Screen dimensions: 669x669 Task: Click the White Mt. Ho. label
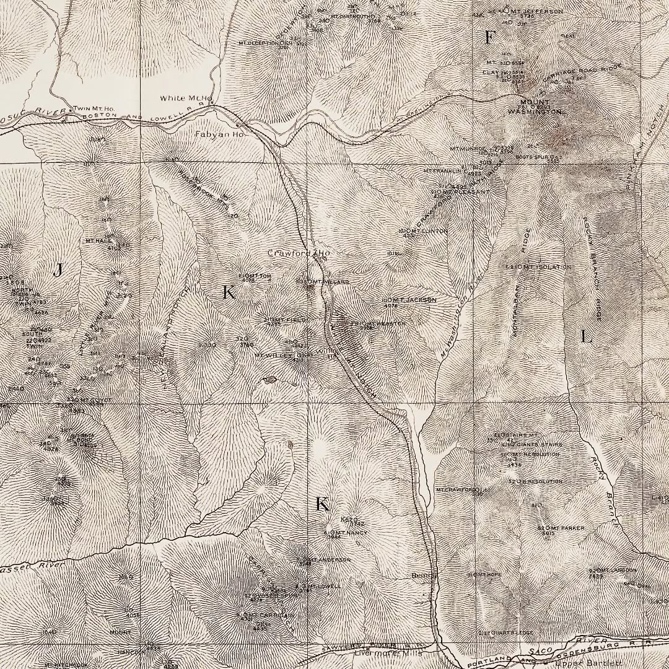(x=186, y=98)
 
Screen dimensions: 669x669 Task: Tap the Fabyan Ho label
(x=220, y=134)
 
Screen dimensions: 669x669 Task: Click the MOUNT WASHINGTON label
(x=535, y=107)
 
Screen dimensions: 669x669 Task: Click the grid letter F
(x=489, y=38)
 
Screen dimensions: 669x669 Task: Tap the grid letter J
(x=58, y=270)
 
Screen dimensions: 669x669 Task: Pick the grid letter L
(x=586, y=337)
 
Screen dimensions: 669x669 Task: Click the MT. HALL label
(x=98, y=240)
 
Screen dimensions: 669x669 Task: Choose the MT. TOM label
(x=254, y=275)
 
